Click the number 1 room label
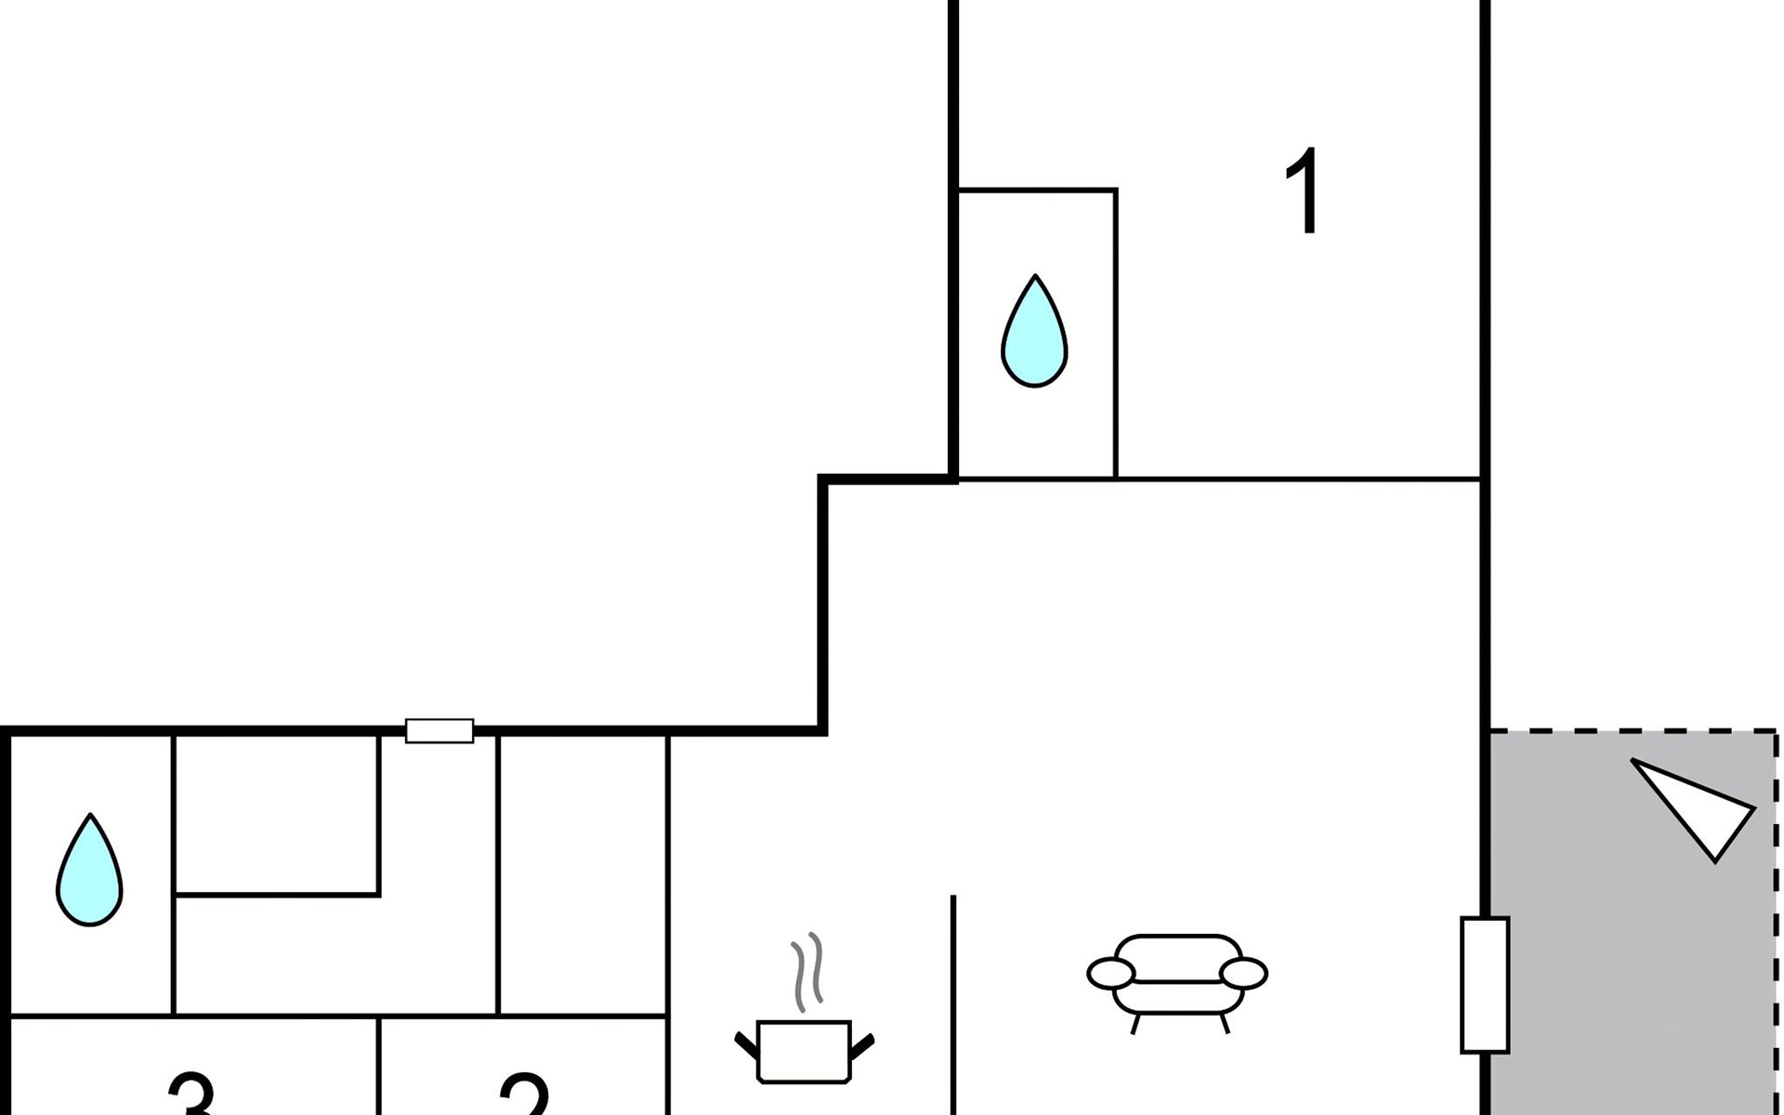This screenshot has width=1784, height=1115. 1304,191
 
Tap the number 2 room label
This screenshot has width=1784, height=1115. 525,1095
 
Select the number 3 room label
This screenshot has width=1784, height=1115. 192,1095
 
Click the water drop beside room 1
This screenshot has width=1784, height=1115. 1034,332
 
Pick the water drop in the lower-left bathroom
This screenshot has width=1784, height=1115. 89,871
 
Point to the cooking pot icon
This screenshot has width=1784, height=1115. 805,1052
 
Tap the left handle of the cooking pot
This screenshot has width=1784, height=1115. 745,1044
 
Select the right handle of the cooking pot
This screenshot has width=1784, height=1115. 863,1044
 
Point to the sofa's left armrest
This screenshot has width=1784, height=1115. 1110,974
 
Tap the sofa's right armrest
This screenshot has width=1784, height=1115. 1243,974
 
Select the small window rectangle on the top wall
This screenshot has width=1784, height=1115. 439,731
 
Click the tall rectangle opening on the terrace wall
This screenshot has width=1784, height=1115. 1485,985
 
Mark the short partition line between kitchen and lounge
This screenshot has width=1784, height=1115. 953,1003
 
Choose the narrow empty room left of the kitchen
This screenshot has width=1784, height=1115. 583,873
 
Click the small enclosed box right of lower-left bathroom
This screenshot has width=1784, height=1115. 277,815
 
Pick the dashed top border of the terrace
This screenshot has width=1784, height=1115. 1633,731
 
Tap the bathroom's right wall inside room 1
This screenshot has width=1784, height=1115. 1116,334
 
